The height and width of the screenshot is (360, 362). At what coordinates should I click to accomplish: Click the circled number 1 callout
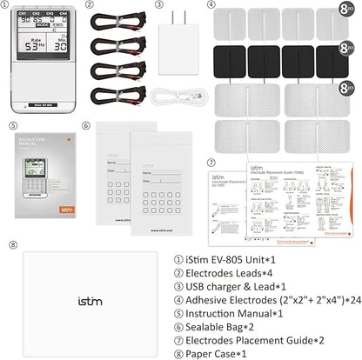(x=10, y=5)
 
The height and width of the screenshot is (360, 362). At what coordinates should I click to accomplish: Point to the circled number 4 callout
(x=211, y=5)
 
